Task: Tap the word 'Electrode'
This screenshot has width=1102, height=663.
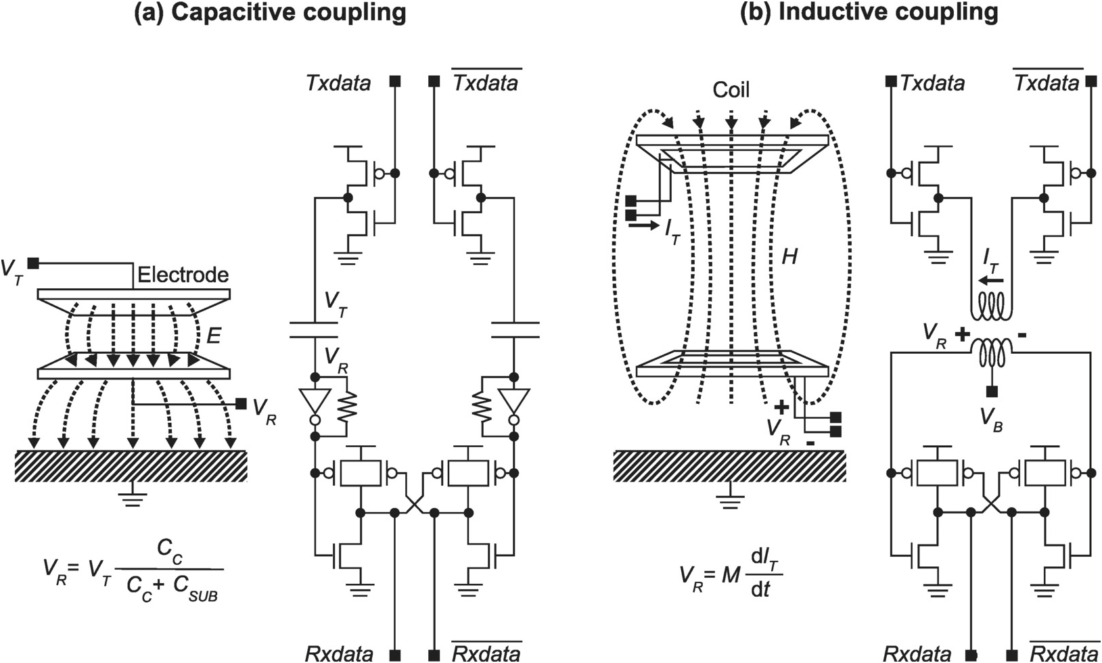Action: (183, 275)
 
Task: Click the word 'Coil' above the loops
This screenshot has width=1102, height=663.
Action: (731, 90)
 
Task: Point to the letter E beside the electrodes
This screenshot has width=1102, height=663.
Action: (214, 336)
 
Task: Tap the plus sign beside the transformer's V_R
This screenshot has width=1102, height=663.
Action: (961, 334)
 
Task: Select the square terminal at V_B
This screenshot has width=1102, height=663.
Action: (992, 392)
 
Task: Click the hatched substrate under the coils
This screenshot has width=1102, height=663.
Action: (729, 465)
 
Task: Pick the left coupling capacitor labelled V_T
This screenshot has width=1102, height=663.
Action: (313, 329)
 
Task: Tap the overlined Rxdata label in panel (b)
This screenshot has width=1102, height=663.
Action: (1065, 653)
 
